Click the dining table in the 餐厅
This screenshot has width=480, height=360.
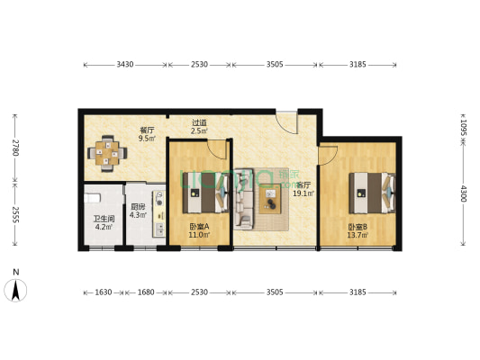click(x=107, y=153)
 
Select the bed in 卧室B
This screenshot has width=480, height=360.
click(x=372, y=190)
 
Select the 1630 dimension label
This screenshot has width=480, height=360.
click(x=104, y=292)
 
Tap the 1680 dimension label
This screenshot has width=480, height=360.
click(x=148, y=292)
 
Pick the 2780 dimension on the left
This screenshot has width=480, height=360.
click(x=14, y=147)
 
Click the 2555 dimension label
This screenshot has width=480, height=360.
click(x=14, y=214)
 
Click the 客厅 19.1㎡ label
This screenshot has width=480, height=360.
click(x=303, y=188)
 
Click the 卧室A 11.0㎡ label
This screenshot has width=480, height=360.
click(x=199, y=230)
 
